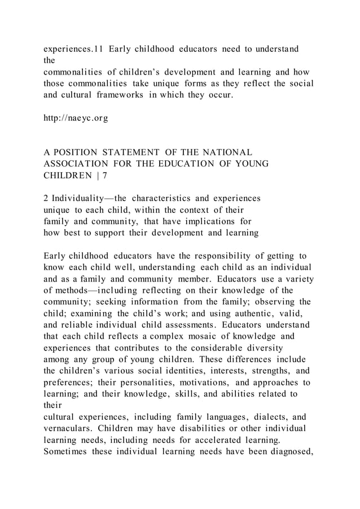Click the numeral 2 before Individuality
[46, 199]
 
